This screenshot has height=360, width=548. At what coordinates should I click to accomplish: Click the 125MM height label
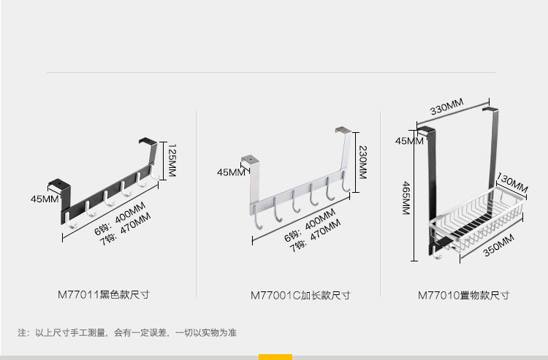[x=173, y=160]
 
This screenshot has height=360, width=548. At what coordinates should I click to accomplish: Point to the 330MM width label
[x=446, y=110]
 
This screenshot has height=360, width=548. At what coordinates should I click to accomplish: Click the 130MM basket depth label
[x=511, y=180]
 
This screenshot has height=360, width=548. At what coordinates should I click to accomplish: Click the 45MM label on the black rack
[x=45, y=199]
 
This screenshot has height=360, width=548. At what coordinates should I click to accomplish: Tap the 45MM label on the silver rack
[x=232, y=172]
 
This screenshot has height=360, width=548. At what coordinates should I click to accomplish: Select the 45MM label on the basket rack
[x=410, y=140]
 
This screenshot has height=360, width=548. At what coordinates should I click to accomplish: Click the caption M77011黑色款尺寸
[x=103, y=295]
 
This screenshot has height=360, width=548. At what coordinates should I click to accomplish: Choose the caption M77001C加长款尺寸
[x=300, y=295]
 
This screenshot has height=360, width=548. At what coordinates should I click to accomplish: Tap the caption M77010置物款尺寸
[x=463, y=295]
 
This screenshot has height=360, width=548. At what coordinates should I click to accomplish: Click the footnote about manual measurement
[x=126, y=333]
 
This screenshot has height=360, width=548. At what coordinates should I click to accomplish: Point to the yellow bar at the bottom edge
[x=275, y=357]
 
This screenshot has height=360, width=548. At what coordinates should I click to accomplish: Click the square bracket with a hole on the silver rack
[x=249, y=158]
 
